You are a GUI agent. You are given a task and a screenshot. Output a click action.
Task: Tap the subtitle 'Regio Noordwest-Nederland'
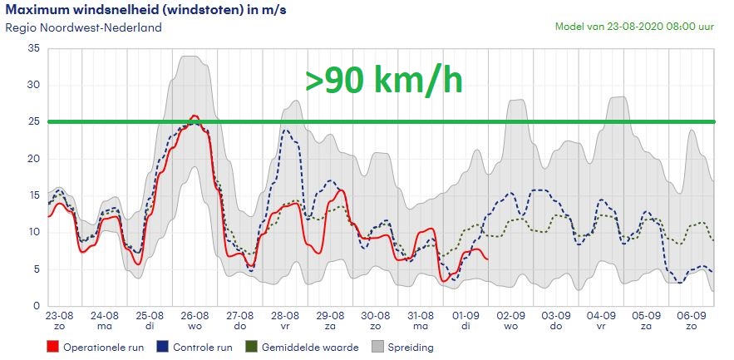coord(83,27)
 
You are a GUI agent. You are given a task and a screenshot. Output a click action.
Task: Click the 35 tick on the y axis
coord(34,48)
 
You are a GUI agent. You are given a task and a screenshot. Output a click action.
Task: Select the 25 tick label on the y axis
coord(34,121)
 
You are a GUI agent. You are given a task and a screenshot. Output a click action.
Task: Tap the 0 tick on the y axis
coord(37,305)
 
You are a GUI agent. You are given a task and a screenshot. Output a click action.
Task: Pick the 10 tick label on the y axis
coord(34,232)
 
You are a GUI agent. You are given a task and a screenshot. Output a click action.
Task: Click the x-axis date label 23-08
coord(58,316)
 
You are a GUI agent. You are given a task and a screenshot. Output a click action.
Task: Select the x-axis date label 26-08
coord(194,316)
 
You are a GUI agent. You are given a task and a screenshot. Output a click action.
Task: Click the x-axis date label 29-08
coord(330,316)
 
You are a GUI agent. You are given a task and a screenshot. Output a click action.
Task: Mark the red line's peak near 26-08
coord(195,116)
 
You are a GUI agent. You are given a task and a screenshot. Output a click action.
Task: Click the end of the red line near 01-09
coord(488,259)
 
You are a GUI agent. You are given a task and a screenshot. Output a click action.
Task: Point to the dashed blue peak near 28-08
coord(286,130)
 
